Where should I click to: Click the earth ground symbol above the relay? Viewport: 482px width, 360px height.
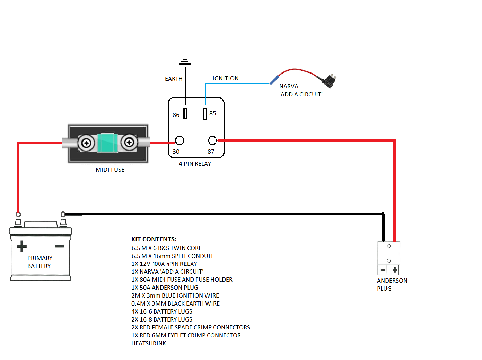click(x=185, y=62)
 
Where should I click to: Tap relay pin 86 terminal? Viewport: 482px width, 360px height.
click(x=185, y=113)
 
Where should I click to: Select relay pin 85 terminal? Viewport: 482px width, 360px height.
click(x=205, y=113)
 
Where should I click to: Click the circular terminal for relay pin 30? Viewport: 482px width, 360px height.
click(x=179, y=140)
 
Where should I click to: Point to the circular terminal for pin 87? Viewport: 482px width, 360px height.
click(x=212, y=140)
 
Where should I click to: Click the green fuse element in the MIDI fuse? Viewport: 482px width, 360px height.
click(x=107, y=143)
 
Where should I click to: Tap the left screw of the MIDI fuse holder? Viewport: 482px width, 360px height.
click(x=86, y=143)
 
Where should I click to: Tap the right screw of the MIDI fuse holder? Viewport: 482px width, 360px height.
click(x=129, y=142)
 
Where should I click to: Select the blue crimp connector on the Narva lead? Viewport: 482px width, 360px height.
click(x=274, y=80)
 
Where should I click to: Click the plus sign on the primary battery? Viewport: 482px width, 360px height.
click(x=21, y=246)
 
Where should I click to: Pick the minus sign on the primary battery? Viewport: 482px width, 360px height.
click(x=60, y=246)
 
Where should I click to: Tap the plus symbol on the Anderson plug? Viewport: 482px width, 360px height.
click(x=395, y=270)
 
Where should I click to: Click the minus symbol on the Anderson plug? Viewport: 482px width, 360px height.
click(x=383, y=270)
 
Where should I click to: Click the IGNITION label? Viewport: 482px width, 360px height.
click(x=226, y=78)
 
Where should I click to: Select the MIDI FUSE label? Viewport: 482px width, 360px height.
click(x=110, y=170)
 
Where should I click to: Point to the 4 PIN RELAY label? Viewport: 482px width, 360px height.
click(x=195, y=164)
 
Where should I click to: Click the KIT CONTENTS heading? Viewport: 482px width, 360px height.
click(x=154, y=239)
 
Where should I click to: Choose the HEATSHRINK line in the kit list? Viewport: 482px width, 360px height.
click(x=149, y=343)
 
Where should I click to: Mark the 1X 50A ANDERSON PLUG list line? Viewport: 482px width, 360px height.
click(x=165, y=288)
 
